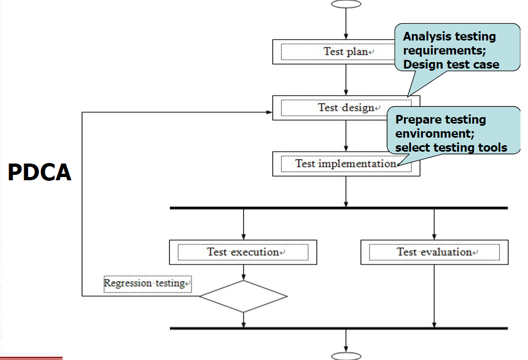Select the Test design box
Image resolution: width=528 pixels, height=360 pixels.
345,107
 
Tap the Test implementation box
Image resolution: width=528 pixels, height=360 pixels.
345,164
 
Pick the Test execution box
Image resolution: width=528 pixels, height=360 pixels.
243,252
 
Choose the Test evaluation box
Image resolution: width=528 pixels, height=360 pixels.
434,252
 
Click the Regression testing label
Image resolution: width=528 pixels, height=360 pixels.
147,283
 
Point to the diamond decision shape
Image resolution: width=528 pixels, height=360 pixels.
243,296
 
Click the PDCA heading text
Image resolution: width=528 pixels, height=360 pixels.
39,172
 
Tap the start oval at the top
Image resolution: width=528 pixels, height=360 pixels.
346,4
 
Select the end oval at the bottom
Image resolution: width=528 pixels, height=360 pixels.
346,356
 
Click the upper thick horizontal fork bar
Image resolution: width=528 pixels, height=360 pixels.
338,208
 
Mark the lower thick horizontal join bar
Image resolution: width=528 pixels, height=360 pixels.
338,328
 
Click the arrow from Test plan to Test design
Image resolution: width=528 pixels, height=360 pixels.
346,81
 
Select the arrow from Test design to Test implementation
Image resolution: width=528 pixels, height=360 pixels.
346,136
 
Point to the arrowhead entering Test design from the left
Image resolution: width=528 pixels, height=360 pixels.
269,113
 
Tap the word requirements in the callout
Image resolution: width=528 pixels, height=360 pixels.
437,51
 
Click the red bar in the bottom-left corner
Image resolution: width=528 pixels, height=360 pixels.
31,357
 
